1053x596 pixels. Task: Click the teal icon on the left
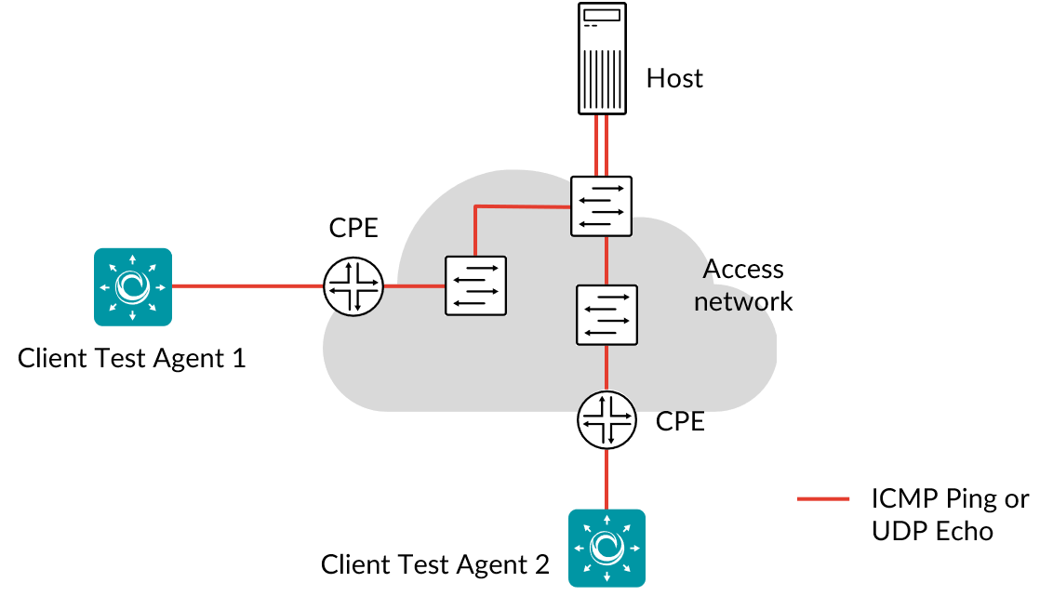(x=133, y=286)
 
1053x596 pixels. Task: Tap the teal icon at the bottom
(x=606, y=548)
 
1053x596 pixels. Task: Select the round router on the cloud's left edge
(x=353, y=286)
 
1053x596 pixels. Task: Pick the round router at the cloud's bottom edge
(x=606, y=420)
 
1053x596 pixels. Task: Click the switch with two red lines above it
(x=601, y=205)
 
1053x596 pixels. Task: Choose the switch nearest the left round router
(x=475, y=285)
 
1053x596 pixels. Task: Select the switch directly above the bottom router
(x=606, y=315)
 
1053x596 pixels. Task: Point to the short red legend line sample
(x=823, y=499)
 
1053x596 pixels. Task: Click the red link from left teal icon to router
(x=247, y=286)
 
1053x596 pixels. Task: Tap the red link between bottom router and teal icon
(x=606, y=479)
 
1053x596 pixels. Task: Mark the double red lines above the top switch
(x=601, y=144)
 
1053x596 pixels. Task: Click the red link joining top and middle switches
(x=606, y=260)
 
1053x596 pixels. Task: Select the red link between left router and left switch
(x=414, y=286)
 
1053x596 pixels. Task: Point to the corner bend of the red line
(x=475, y=206)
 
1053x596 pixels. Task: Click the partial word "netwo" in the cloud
(x=731, y=302)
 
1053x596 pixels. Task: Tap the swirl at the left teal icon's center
(x=133, y=286)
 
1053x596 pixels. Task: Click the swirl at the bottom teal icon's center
(x=606, y=548)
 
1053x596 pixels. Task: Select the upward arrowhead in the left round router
(x=349, y=266)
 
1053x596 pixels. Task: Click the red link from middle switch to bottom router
(x=606, y=368)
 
